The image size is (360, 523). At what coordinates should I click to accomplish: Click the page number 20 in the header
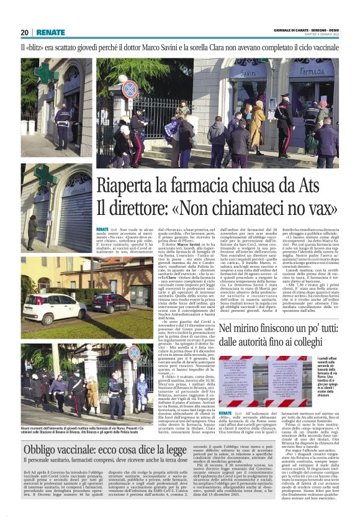tap(25, 32)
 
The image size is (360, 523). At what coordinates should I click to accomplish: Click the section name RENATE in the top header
tap(50, 32)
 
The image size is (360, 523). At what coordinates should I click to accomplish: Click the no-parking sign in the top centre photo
tap(129, 88)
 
